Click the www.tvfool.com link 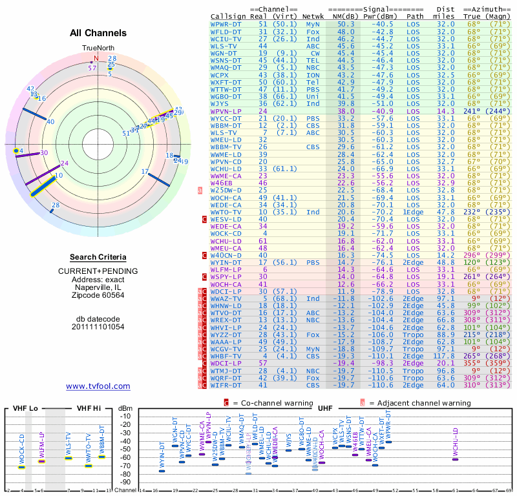pos(98,386)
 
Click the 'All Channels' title pos(98,33)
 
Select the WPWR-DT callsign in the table pos(226,24)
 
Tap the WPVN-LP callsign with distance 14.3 pos(226,111)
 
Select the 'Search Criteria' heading pos(98,257)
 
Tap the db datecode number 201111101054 pos(98,327)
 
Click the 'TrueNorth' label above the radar pos(97,48)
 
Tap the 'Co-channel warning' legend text pos(267,402)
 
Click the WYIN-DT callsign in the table pos(226,263)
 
